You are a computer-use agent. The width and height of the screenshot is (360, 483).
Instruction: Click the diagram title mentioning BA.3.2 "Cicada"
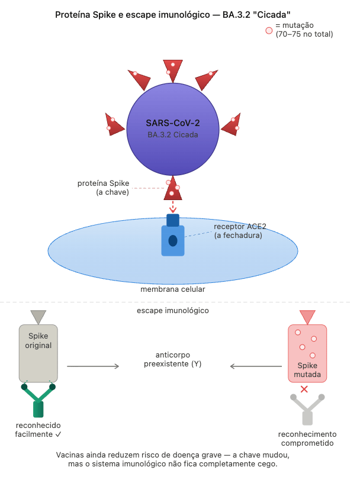point(172,14)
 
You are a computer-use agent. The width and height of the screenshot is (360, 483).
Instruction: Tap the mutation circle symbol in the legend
point(269,30)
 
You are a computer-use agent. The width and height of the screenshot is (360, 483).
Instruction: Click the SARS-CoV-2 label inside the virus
point(172,123)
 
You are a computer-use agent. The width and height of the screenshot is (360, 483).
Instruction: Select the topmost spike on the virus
point(172,69)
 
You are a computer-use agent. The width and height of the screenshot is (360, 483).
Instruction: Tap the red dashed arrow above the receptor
point(173,207)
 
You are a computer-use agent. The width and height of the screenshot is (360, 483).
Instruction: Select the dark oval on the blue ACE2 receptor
point(173,241)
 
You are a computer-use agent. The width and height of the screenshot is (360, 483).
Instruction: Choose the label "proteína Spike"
point(103,183)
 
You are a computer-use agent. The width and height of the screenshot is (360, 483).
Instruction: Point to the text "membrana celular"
point(173,290)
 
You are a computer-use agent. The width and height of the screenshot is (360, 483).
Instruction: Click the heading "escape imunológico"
point(173,310)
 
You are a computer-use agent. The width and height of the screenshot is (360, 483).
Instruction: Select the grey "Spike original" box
point(38,353)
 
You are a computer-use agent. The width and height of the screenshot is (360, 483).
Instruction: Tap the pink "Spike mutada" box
point(307,353)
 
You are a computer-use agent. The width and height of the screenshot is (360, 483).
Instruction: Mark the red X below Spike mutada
point(304,389)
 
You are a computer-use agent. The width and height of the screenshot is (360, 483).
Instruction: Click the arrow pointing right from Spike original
point(93,367)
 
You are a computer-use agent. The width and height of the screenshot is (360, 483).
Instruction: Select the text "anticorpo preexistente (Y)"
point(173,359)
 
